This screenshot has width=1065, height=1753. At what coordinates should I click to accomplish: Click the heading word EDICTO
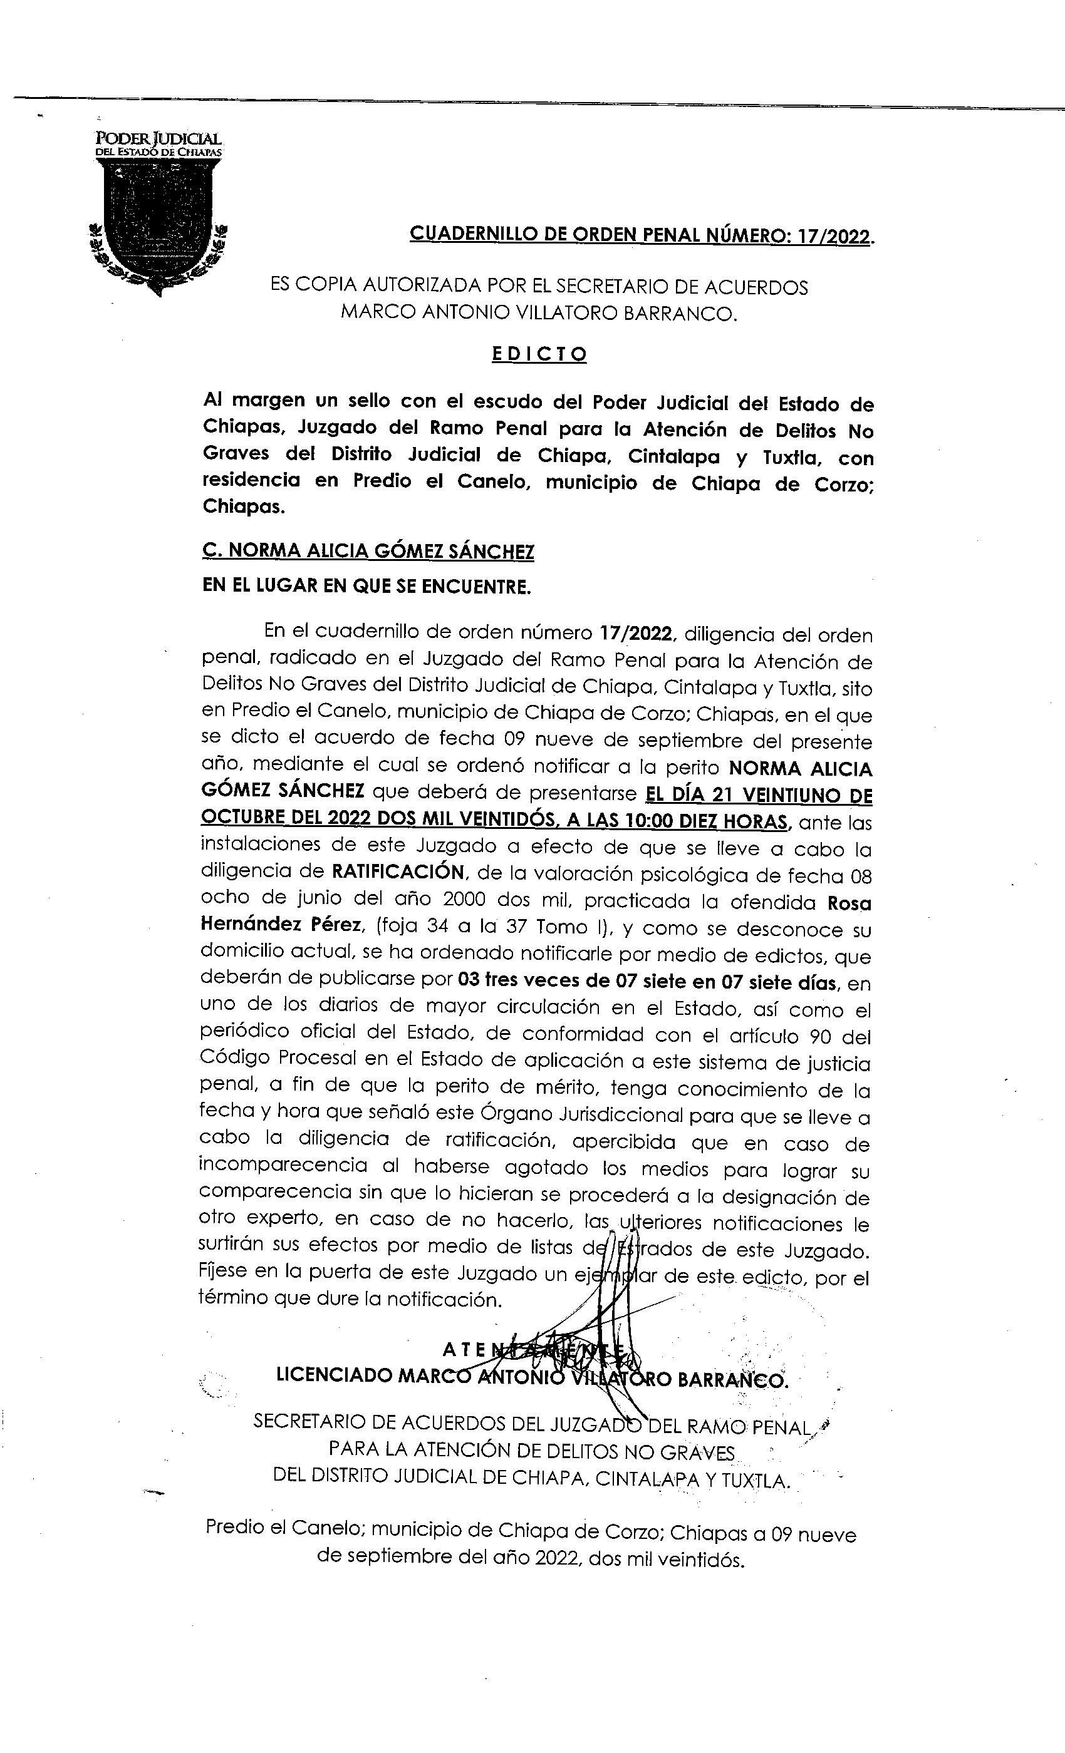[x=539, y=354]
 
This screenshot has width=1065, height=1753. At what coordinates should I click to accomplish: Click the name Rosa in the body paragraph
[x=849, y=903]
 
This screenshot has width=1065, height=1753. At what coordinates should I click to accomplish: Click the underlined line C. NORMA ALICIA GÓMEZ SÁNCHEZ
[x=368, y=552]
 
